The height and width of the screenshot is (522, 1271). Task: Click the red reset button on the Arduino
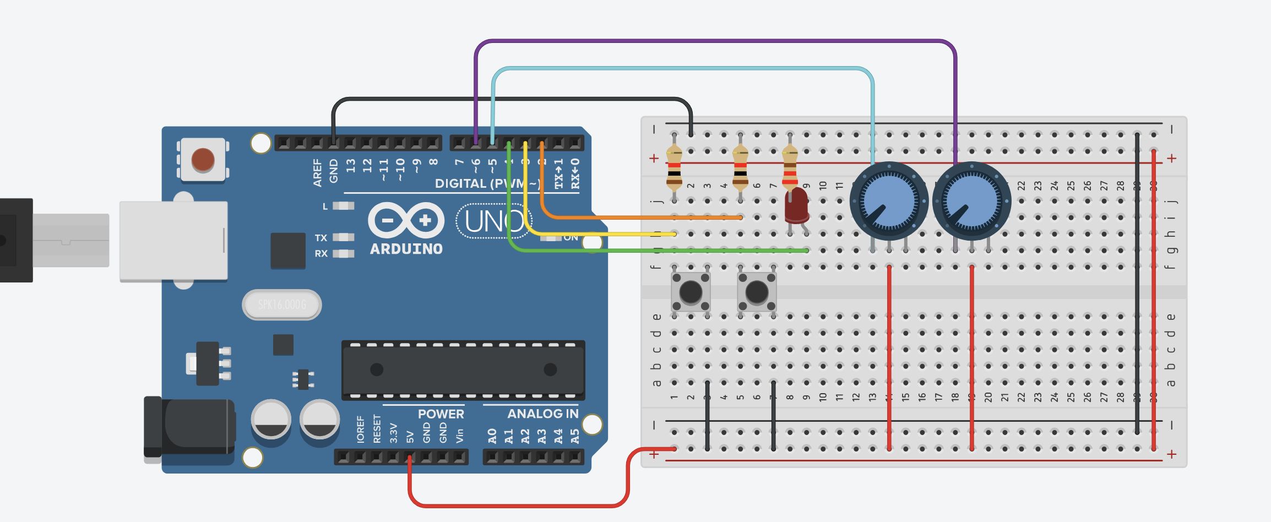click(203, 160)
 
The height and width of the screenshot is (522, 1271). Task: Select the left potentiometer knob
click(889, 201)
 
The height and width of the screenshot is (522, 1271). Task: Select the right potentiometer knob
click(971, 201)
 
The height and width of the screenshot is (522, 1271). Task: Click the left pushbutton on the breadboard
click(691, 292)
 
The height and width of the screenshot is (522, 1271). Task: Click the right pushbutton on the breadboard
click(757, 292)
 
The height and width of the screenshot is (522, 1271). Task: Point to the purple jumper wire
click(716, 41)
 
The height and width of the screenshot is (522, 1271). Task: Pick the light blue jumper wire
click(683, 68)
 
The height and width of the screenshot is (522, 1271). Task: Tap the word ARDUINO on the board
click(406, 249)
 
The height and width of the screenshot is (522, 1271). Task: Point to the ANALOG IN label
click(542, 414)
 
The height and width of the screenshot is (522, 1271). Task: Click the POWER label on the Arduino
click(441, 414)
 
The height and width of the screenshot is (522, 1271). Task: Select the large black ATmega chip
click(463, 370)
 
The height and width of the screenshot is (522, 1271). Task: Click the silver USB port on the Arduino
click(173, 241)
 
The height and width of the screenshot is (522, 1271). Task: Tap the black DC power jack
click(190, 427)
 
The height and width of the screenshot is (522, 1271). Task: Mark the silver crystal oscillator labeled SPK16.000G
click(282, 304)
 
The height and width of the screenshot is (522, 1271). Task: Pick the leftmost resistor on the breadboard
click(674, 168)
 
